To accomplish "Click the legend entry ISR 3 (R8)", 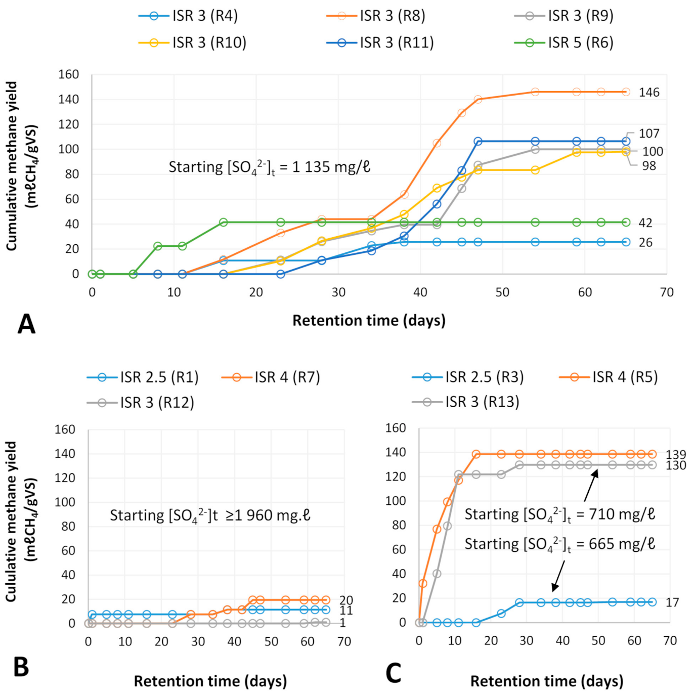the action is [375, 16].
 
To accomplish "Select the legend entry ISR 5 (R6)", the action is [564, 42].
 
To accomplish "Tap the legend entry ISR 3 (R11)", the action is [380, 42].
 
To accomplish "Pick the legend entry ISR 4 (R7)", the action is [270, 377].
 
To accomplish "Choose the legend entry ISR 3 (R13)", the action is [465, 402].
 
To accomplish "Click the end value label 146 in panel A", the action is [649, 93].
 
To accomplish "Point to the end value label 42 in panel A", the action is [645, 223].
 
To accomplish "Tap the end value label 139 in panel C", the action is [676, 454].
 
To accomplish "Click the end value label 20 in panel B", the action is [346, 600].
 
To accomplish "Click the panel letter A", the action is [26, 324].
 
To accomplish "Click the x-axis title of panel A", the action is [369, 320].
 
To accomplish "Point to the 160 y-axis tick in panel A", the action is [69, 74].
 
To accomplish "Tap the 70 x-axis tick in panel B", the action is [344, 641].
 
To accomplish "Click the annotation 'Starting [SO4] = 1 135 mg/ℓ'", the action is [270, 167].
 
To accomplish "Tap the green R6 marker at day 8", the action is [157, 246].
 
